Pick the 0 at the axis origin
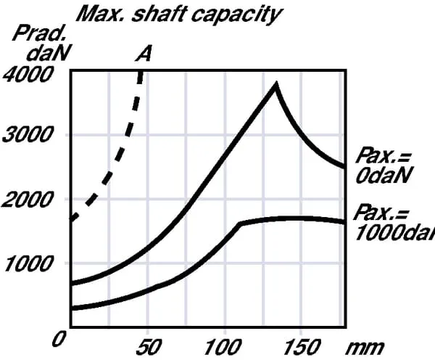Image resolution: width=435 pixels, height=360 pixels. coord(61,338)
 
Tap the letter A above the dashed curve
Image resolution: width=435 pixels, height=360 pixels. coord(144,54)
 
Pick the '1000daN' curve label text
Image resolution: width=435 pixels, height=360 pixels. coord(395,232)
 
